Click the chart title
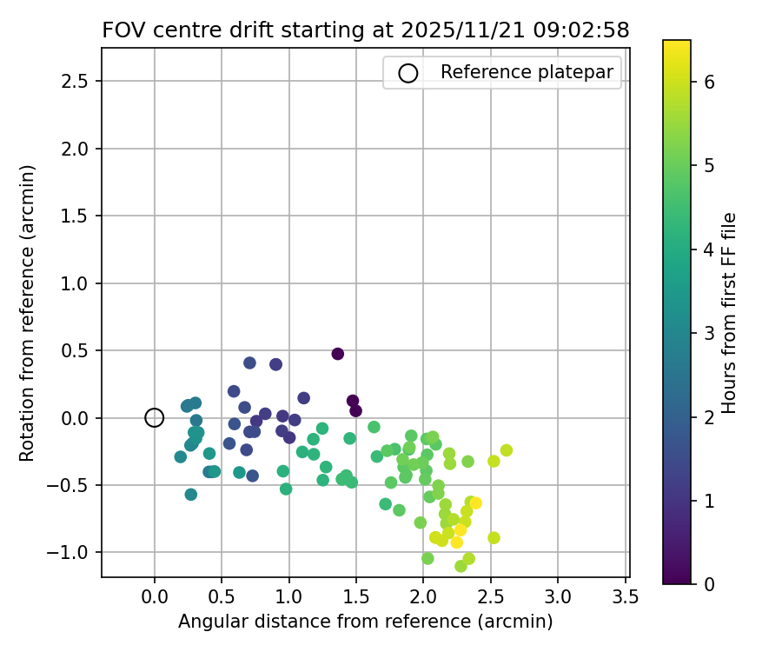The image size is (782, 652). tap(366, 30)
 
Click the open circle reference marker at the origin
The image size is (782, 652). tap(154, 418)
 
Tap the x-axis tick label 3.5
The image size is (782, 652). tap(626, 596)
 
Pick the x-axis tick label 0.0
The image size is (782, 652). tap(154, 596)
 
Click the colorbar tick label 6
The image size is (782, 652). tap(709, 82)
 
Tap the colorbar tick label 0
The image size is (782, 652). tap(709, 584)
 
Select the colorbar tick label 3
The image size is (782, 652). tap(709, 333)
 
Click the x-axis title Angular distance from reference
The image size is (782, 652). tap(365, 622)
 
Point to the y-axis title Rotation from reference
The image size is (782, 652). tap(27, 313)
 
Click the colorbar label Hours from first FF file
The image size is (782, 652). tap(729, 313)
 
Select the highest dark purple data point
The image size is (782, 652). tap(338, 354)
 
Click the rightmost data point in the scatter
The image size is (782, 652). tap(506, 450)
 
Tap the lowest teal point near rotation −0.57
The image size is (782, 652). tap(191, 495)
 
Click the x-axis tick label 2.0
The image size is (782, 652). tap(423, 596)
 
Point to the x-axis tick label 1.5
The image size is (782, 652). tap(356, 596)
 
